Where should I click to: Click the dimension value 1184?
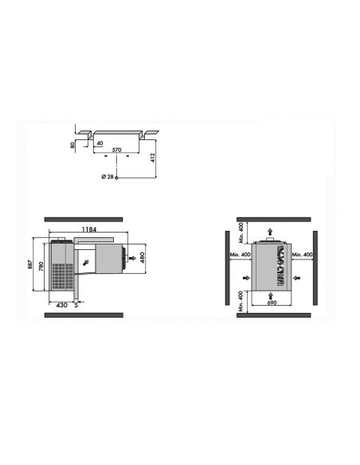pos(88,230)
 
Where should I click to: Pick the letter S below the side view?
pos(76,304)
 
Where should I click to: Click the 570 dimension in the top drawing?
pos(116,150)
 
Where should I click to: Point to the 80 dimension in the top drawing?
pos(72,146)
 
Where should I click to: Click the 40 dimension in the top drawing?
pos(101,143)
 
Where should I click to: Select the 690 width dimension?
pos(271,303)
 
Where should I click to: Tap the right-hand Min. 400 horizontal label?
pos(302,254)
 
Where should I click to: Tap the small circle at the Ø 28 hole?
pos(117,177)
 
